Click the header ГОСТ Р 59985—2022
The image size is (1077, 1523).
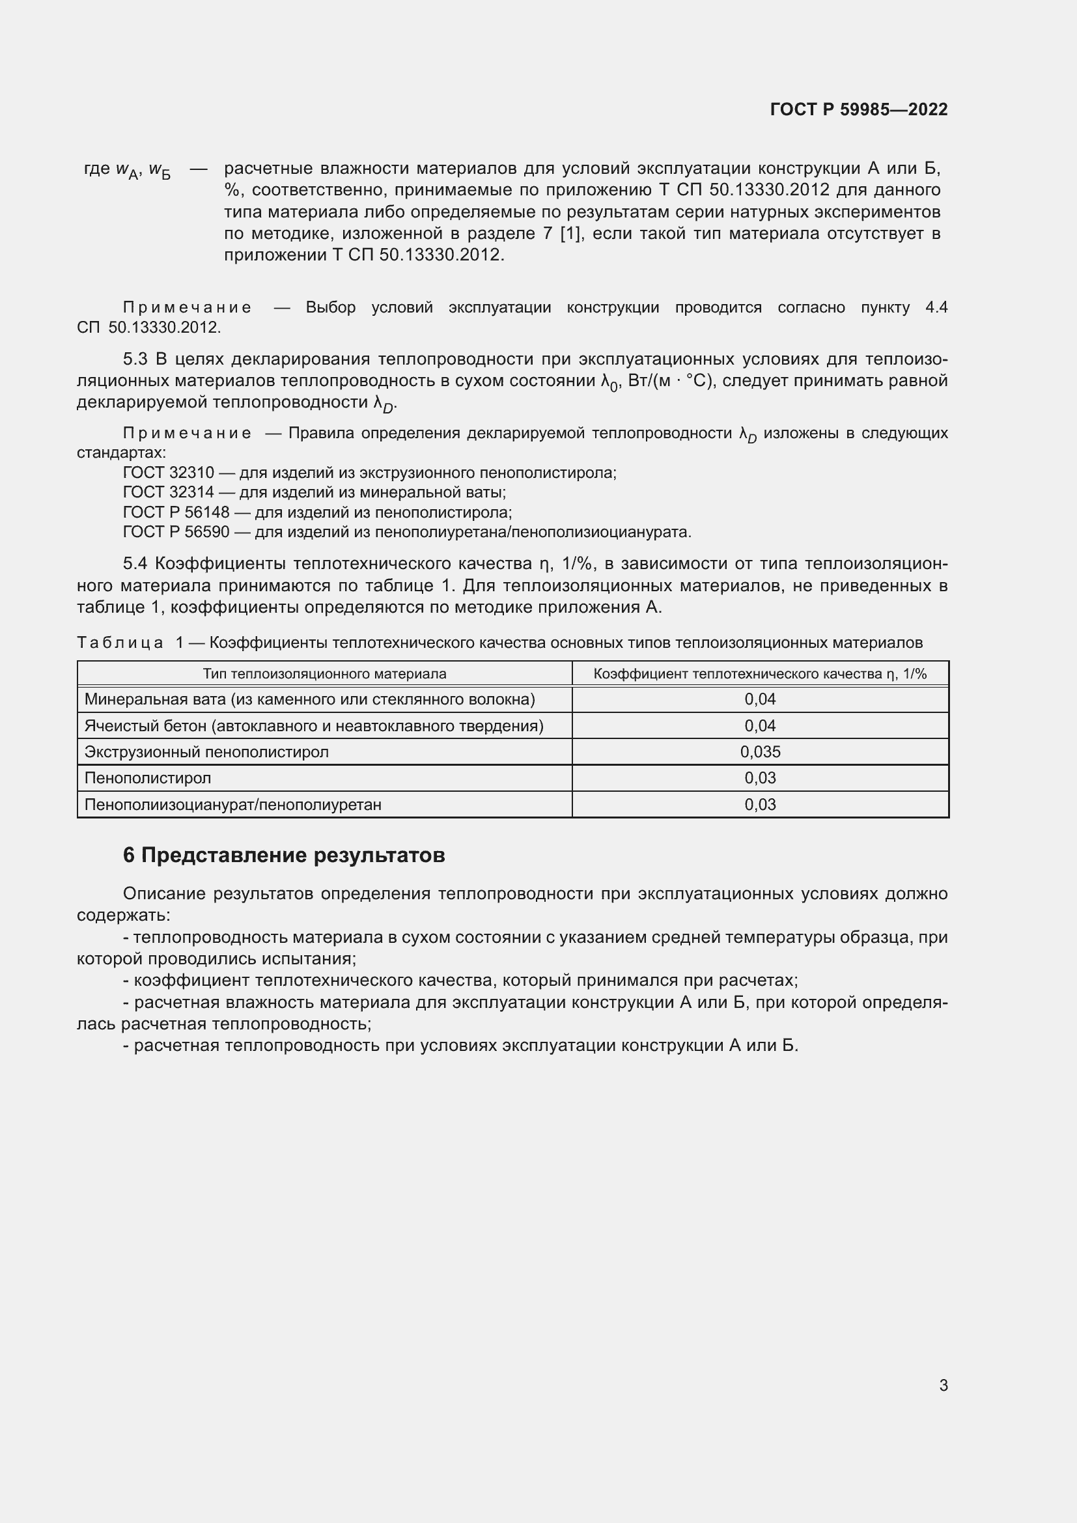pos(858,109)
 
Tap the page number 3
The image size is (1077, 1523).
pos(943,1385)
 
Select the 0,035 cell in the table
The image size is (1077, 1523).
pos(760,751)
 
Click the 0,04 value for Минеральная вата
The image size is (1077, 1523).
pos(760,699)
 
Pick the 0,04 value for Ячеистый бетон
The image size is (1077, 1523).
pos(760,725)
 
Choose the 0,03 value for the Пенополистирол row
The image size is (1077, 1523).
pos(760,777)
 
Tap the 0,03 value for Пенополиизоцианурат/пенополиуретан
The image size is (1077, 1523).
pos(760,805)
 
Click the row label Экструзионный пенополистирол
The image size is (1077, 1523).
pos(206,751)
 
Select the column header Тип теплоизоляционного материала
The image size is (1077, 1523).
pos(324,674)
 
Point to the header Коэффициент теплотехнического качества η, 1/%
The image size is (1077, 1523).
pos(760,674)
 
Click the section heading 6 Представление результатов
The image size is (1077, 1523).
pos(284,855)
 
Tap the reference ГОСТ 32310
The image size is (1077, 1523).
pos(169,473)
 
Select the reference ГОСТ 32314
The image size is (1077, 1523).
pos(169,492)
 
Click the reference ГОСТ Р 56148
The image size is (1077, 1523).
pos(176,512)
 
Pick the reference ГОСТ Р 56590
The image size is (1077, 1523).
pos(176,532)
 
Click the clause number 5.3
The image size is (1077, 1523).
pos(135,359)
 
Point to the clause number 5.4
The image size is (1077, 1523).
pos(135,564)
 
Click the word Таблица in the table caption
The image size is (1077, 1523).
pos(120,643)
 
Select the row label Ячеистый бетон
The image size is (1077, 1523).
pos(314,725)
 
